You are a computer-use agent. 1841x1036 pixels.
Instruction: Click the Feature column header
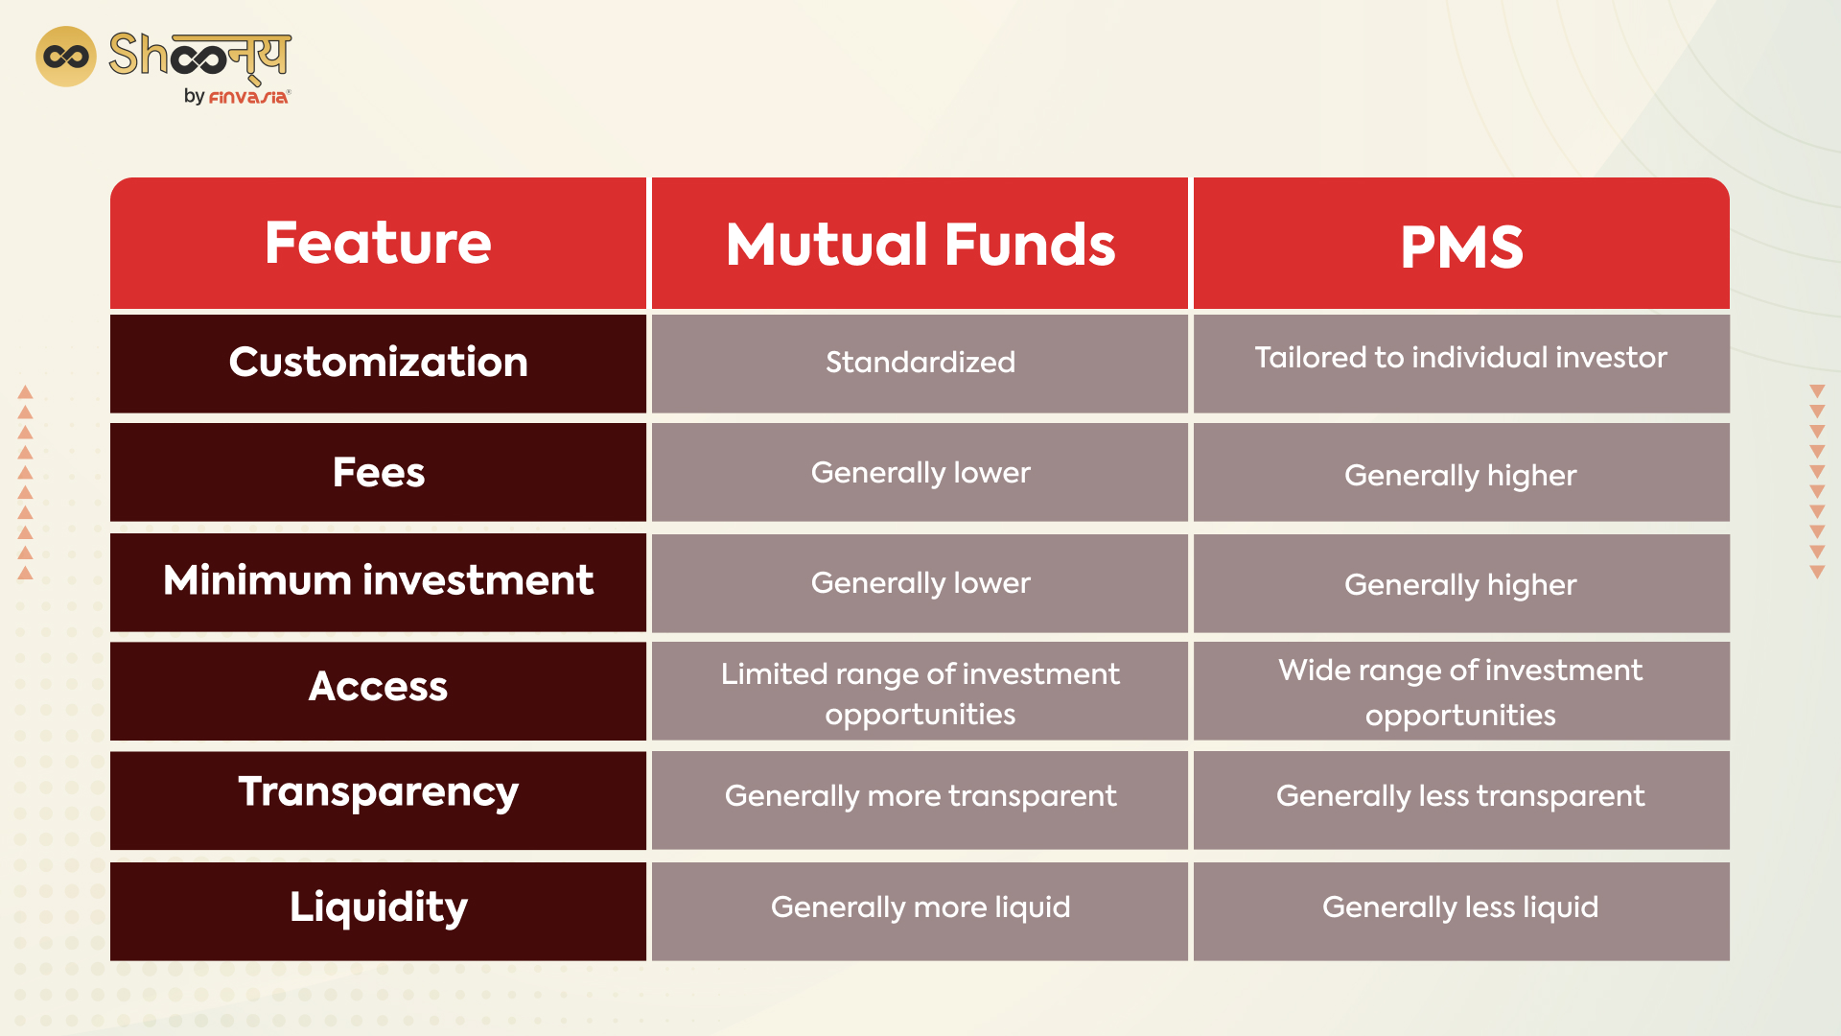pos(378,244)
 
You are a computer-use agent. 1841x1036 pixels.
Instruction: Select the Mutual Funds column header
pos(920,244)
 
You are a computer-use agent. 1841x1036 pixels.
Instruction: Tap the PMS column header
pos(1460,246)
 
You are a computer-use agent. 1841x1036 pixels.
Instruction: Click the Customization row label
pos(378,363)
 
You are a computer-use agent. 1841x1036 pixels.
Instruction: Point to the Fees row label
pos(378,473)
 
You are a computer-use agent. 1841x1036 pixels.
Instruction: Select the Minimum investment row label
pos(378,581)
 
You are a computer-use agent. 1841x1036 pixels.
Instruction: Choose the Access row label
pos(378,687)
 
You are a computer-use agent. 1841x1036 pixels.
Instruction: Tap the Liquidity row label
pos(378,907)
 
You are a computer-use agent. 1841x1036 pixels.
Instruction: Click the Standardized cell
pos(920,363)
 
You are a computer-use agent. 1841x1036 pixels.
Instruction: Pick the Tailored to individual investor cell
pos(1460,359)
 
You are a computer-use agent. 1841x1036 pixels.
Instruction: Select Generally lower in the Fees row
pos(920,473)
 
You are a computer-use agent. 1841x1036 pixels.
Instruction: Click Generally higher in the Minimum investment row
pos(1460,584)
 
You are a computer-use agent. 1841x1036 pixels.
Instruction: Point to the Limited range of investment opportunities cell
pos(920,693)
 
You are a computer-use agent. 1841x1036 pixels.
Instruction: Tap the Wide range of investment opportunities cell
pos(1460,692)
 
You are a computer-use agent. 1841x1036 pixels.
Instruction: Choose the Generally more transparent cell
pos(920,796)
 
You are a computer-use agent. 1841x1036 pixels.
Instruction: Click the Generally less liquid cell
pos(1460,907)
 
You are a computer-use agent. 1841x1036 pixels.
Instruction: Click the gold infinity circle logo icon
pos(65,57)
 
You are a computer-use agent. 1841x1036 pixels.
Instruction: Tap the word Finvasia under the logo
pos(247,97)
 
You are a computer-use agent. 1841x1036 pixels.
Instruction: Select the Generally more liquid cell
pos(920,907)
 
